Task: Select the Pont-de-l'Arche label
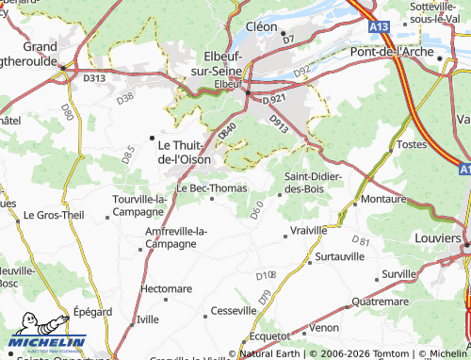(407, 48)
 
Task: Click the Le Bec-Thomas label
(212, 188)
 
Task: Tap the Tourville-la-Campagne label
(138, 205)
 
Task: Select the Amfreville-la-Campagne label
(177, 237)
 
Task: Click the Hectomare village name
(166, 287)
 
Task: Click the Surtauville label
(339, 256)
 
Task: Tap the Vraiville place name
(309, 230)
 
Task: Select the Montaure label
(383, 200)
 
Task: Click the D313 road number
(94, 78)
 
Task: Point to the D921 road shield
(273, 98)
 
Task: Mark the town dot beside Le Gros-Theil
(17, 215)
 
